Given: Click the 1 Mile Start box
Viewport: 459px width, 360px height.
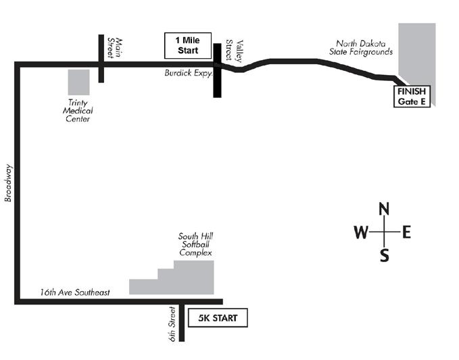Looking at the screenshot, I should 189,45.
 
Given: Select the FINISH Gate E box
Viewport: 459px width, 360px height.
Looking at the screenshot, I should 412,97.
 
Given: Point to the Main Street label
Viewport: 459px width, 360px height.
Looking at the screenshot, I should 116,48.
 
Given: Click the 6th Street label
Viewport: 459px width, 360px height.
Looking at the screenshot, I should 172,323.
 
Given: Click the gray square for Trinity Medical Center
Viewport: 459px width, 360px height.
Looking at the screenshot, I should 78,82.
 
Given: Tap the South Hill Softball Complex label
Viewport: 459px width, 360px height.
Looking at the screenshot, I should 195,245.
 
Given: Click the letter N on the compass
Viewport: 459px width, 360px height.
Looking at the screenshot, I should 385,208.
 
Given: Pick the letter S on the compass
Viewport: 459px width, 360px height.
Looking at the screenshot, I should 385,255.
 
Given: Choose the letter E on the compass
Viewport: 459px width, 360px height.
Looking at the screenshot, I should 406,233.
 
